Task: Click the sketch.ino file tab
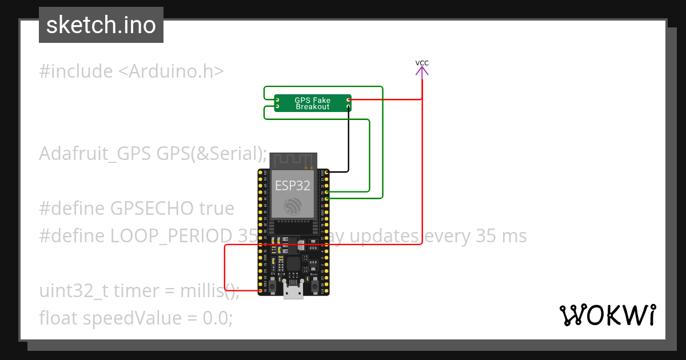101,25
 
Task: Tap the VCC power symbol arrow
422,71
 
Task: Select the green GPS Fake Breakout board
312,103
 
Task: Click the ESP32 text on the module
293,186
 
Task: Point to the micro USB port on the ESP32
293,292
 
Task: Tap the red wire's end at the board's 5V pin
261,291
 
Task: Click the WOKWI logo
607,315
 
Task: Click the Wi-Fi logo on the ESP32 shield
293,206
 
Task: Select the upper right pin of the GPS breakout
349,100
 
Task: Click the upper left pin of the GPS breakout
277,100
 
